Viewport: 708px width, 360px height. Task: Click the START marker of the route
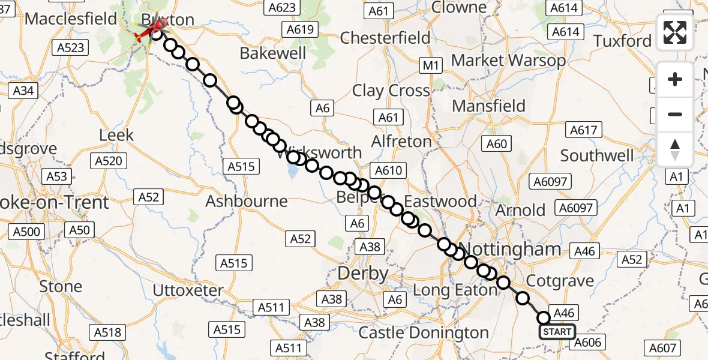pyautogui.click(x=557, y=332)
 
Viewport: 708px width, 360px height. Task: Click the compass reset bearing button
pyautogui.click(x=675, y=149)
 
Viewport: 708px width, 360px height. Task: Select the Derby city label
pyautogui.click(x=363, y=274)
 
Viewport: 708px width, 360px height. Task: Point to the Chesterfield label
pyautogui.click(x=385, y=38)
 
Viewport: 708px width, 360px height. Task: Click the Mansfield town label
pyautogui.click(x=488, y=106)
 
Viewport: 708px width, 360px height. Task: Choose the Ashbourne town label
pyautogui.click(x=247, y=200)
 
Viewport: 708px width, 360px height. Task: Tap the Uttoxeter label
pyautogui.click(x=188, y=291)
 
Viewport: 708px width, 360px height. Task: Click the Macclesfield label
pyautogui.click(x=71, y=19)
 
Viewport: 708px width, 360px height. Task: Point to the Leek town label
pyautogui.click(x=116, y=135)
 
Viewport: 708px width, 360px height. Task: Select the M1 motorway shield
pyautogui.click(x=431, y=66)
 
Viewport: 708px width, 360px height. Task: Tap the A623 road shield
pyautogui.click(x=282, y=7)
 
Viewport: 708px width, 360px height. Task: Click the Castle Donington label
pyautogui.click(x=424, y=333)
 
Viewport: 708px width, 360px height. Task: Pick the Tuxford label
pyautogui.click(x=622, y=41)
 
